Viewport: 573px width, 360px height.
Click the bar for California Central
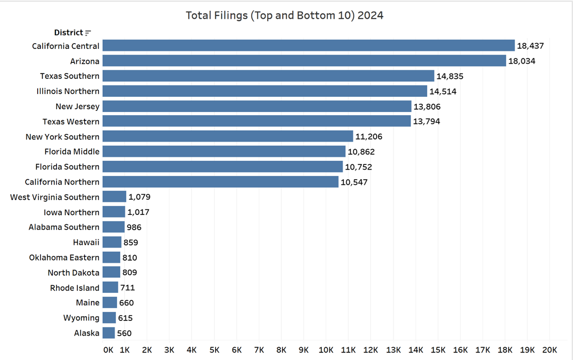308,45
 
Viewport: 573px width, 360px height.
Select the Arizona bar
304,61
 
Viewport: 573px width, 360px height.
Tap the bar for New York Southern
227,136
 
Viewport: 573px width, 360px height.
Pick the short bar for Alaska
108,333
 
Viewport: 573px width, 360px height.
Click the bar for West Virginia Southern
114,197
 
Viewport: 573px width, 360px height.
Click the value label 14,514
443,91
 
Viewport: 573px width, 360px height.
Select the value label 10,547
354,182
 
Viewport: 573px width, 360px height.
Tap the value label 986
134,227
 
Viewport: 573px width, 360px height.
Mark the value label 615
126,318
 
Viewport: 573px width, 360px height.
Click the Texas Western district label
71,122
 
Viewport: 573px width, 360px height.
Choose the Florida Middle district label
72,152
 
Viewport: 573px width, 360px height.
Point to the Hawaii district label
86,242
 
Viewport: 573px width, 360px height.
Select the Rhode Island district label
74,288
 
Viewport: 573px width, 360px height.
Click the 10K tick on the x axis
326,349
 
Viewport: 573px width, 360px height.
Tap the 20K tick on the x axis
550,349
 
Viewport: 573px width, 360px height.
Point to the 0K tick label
108,349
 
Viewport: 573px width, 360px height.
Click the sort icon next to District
88,33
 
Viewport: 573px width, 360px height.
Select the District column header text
68,33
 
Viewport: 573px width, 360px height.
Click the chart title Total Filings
284,15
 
